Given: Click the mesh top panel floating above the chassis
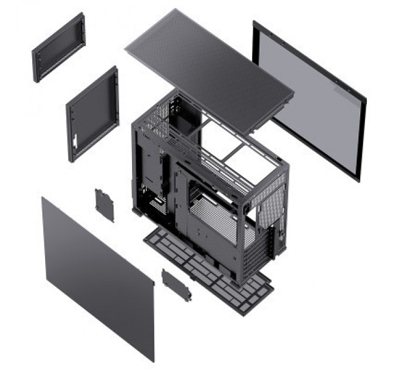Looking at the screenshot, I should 208,67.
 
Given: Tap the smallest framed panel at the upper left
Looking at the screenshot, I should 58,47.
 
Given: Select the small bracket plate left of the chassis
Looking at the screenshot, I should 104,205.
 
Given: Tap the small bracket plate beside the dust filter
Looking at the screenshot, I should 177,284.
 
